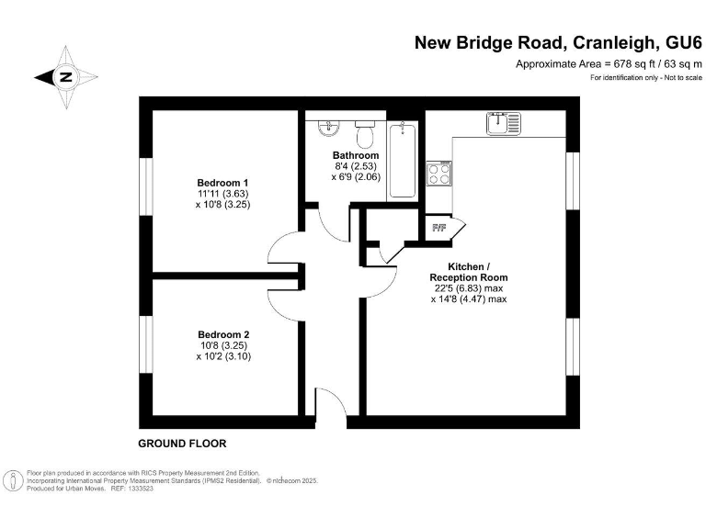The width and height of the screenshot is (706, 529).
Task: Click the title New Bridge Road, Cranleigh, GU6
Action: pyautogui.click(x=558, y=42)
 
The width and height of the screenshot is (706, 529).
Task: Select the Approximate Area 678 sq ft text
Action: pyautogui.click(x=609, y=63)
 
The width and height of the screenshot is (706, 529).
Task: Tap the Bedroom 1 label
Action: pyautogui.click(x=222, y=181)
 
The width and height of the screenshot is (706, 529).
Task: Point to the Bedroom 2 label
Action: pyautogui.click(x=222, y=334)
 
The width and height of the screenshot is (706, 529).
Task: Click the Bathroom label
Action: pyautogui.click(x=355, y=155)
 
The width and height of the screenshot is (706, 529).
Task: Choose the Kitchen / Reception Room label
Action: pyautogui.click(x=468, y=271)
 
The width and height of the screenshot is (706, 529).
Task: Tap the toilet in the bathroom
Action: pyautogui.click(x=365, y=135)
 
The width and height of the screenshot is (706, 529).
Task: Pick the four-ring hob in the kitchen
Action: pyautogui.click(x=438, y=174)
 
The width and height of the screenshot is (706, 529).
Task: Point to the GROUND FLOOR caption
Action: pyautogui.click(x=182, y=444)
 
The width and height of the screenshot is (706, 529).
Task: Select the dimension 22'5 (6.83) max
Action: pyautogui.click(x=468, y=287)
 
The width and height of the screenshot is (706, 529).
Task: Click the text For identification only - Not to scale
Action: pyautogui.click(x=645, y=77)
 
